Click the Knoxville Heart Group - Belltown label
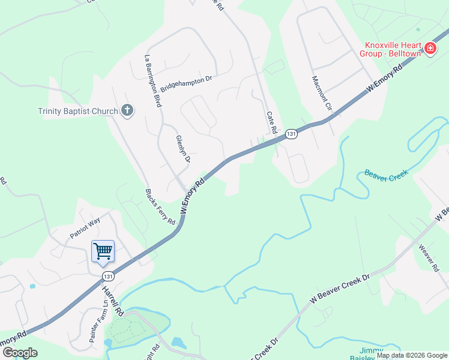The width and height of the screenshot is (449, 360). pyautogui.click(x=391, y=49)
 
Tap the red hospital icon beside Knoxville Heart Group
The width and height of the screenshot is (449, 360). pyautogui.click(x=430, y=49)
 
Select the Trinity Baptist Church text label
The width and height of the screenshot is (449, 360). pyautogui.click(x=77, y=110)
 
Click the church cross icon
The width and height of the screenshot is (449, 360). pyautogui.click(x=127, y=110)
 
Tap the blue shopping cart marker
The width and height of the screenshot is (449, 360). pyautogui.click(x=103, y=251)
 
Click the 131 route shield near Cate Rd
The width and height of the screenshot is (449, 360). pyautogui.click(x=291, y=134)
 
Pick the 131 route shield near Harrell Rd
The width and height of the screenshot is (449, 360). pyautogui.click(x=107, y=276)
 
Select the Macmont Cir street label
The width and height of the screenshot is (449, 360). pyautogui.click(x=322, y=94)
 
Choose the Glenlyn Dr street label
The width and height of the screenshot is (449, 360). pyautogui.click(x=183, y=149)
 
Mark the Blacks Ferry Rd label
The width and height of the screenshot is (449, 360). pyautogui.click(x=160, y=207)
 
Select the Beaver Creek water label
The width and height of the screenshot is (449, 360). pyautogui.click(x=386, y=173)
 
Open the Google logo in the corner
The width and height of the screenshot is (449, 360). pyautogui.click(x=19, y=353)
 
